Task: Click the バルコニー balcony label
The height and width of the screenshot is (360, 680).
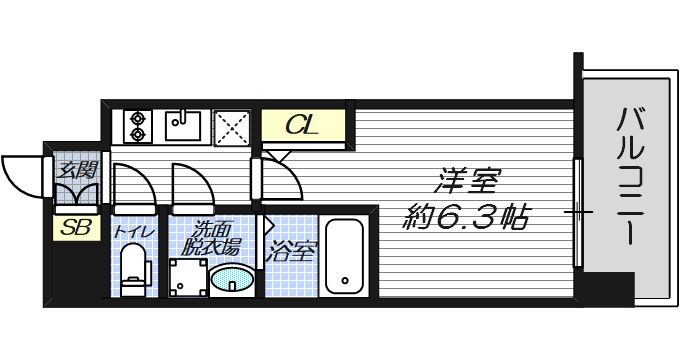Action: coord(629,177)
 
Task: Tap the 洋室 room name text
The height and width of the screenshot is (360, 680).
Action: coord(466,183)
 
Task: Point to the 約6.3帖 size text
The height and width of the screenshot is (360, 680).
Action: coord(468,215)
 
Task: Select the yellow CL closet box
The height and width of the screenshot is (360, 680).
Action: coord(303,126)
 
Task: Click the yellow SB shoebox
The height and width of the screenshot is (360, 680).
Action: coord(76,228)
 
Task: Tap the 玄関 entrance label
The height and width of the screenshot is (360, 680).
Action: coord(76,167)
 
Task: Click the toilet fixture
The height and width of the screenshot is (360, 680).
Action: coord(132,271)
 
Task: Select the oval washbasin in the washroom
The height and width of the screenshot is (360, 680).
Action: coord(232,280)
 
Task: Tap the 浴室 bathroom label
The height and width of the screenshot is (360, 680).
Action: coord(292,250)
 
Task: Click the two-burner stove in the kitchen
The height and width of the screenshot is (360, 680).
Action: coord(136,126)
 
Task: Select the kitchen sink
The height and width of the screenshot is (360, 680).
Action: coord(183,126)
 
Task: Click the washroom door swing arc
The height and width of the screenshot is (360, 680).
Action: coord(188,187)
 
